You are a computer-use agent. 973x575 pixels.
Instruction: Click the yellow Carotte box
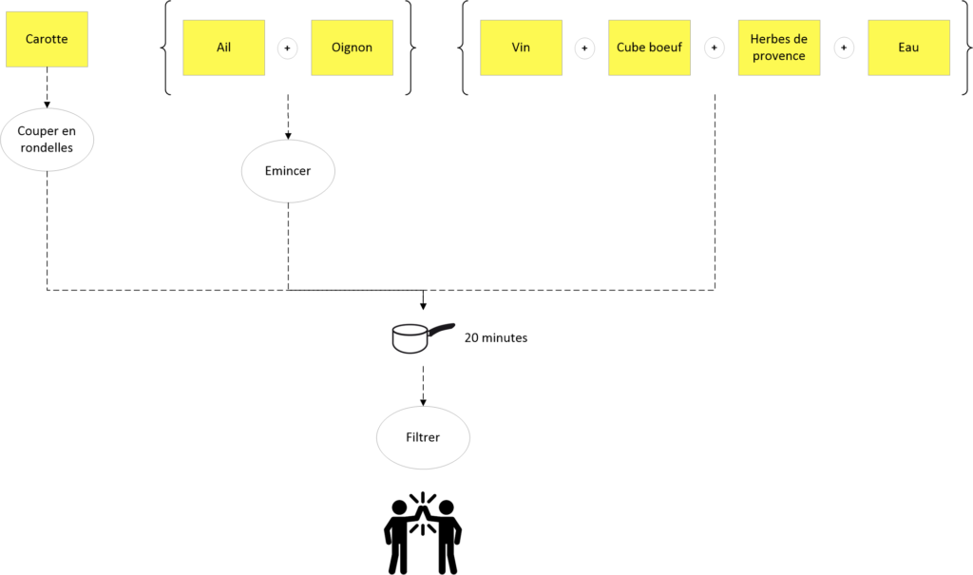[x=47, y=39]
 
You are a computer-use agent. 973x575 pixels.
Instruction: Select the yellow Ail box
[x=223, y=48]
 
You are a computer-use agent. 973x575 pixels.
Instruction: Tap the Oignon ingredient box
[x=352, y=48]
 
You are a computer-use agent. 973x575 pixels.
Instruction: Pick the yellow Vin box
[x=522, y=48]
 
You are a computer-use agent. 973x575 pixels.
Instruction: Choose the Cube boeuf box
[x=649, y=48]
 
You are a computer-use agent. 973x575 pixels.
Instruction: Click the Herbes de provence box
[x=779, y=48]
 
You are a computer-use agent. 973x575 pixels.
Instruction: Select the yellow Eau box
[x=908, y=48]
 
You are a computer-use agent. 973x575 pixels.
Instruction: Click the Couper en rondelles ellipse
[x=47, y=140]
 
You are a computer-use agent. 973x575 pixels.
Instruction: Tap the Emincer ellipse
[x=288, y=171]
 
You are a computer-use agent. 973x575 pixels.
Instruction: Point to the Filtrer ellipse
[x=423, y=438]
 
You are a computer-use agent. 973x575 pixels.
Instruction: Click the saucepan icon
[x=422, y=337]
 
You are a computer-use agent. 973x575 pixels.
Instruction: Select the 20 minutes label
[x=496, y=337]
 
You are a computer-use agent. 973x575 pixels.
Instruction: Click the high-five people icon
[x=423, y=533]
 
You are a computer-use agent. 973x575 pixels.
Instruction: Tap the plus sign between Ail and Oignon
[x=287, y=48]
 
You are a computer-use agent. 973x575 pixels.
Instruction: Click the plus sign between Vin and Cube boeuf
[x=584, y=48]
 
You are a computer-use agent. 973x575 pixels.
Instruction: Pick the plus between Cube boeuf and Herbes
[x=715, y=48]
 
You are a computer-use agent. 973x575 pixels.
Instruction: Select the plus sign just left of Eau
[x=844, y=48]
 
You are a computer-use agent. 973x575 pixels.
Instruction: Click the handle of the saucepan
[x=441, y=330]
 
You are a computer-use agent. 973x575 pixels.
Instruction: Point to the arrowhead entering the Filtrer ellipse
[x=423, y=402]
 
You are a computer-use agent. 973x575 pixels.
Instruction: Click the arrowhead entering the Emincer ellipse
[x=288, y=135]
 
